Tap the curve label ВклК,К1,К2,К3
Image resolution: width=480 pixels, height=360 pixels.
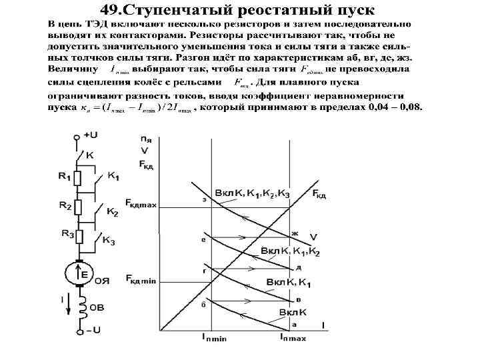(252, 193)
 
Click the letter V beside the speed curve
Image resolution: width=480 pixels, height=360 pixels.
(313, 237)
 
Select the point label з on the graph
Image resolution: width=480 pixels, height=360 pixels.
(203, 199)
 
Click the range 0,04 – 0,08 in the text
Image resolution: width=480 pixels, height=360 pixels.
(393, 107)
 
